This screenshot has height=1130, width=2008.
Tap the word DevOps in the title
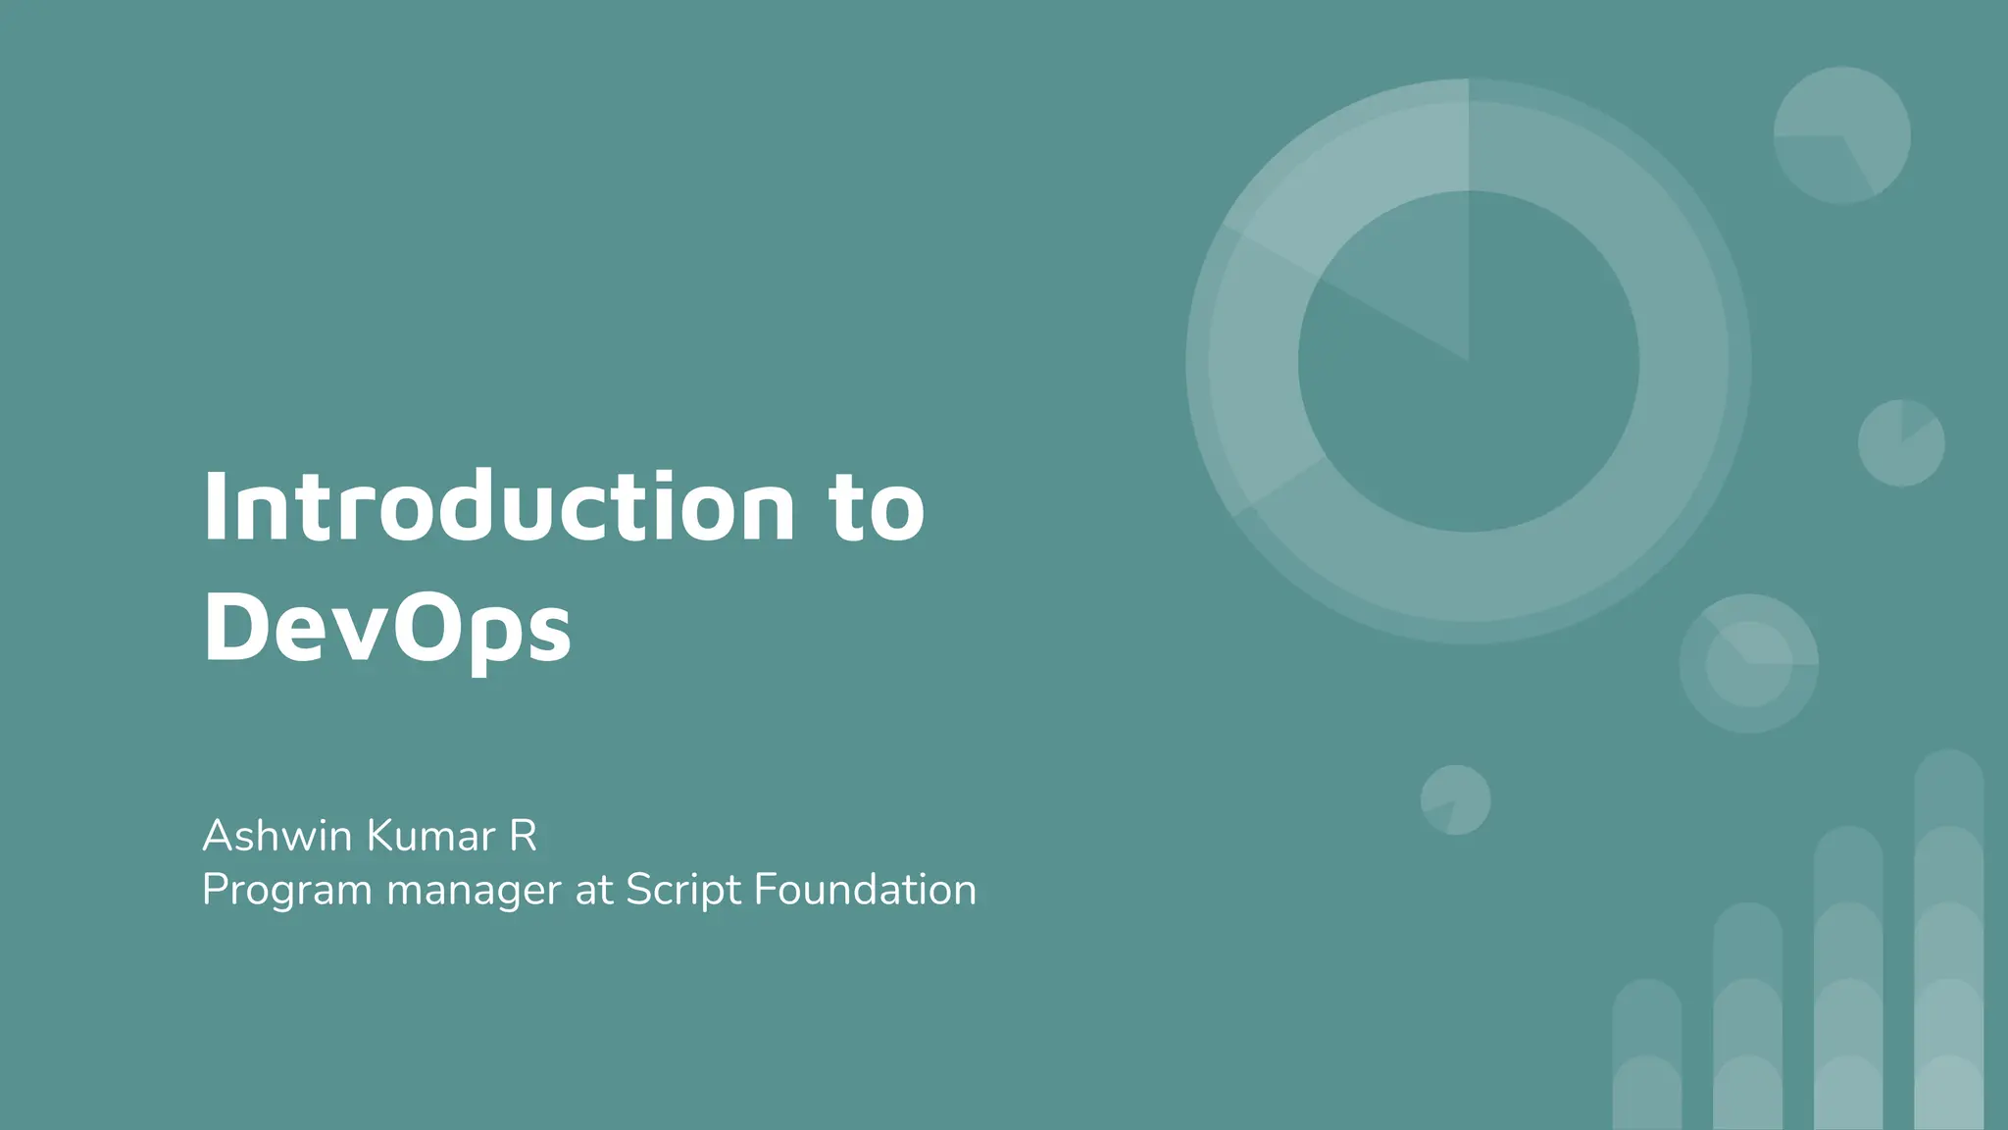386,628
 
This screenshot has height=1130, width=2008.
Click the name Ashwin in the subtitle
276,836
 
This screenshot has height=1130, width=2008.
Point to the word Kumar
431,836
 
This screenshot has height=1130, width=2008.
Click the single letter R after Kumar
523,836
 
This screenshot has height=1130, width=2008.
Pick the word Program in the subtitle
286,891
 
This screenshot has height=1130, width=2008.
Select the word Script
683,891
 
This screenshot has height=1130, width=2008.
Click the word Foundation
865,891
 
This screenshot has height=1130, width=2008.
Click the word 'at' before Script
594,891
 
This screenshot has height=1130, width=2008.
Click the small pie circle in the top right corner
1841,135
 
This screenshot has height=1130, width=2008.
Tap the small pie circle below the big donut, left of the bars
1456,800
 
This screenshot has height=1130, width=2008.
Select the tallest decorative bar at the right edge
1949,942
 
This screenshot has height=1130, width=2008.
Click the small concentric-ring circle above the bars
1749,663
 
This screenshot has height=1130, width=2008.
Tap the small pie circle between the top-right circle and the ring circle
1901,442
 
